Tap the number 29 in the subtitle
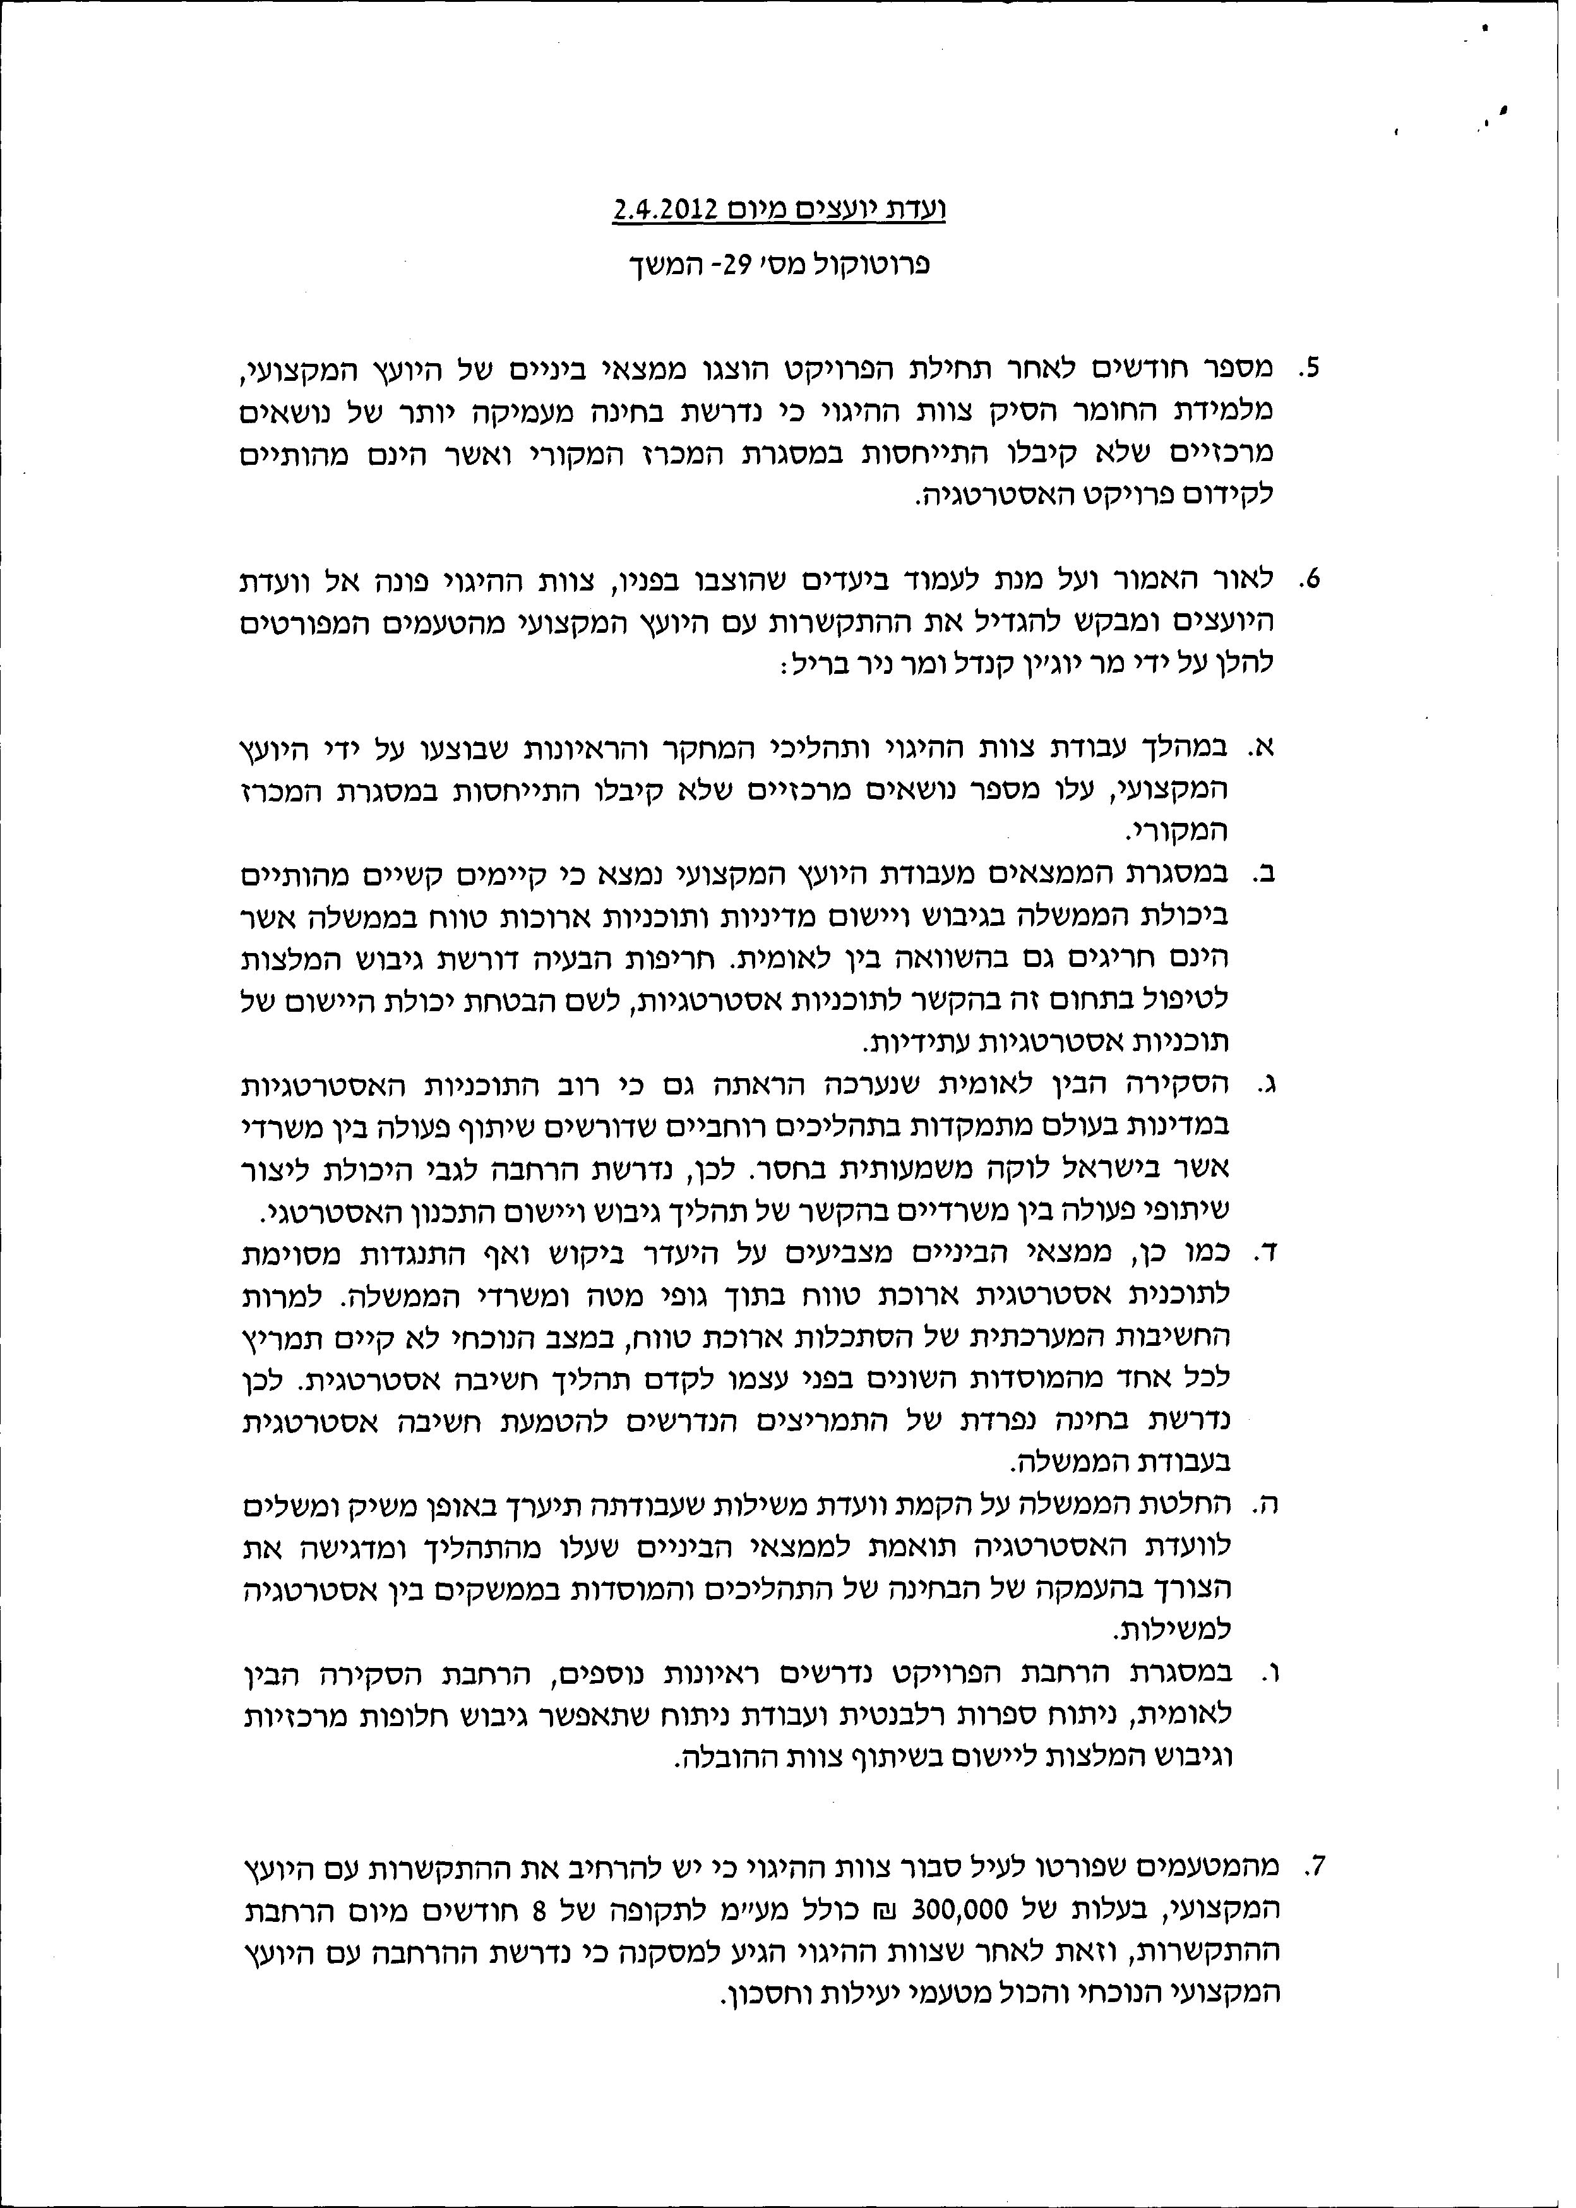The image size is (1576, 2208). pyautogui.click(x=743, y=264)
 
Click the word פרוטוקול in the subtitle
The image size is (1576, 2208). pyautogui.click(x=875, y=264)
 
